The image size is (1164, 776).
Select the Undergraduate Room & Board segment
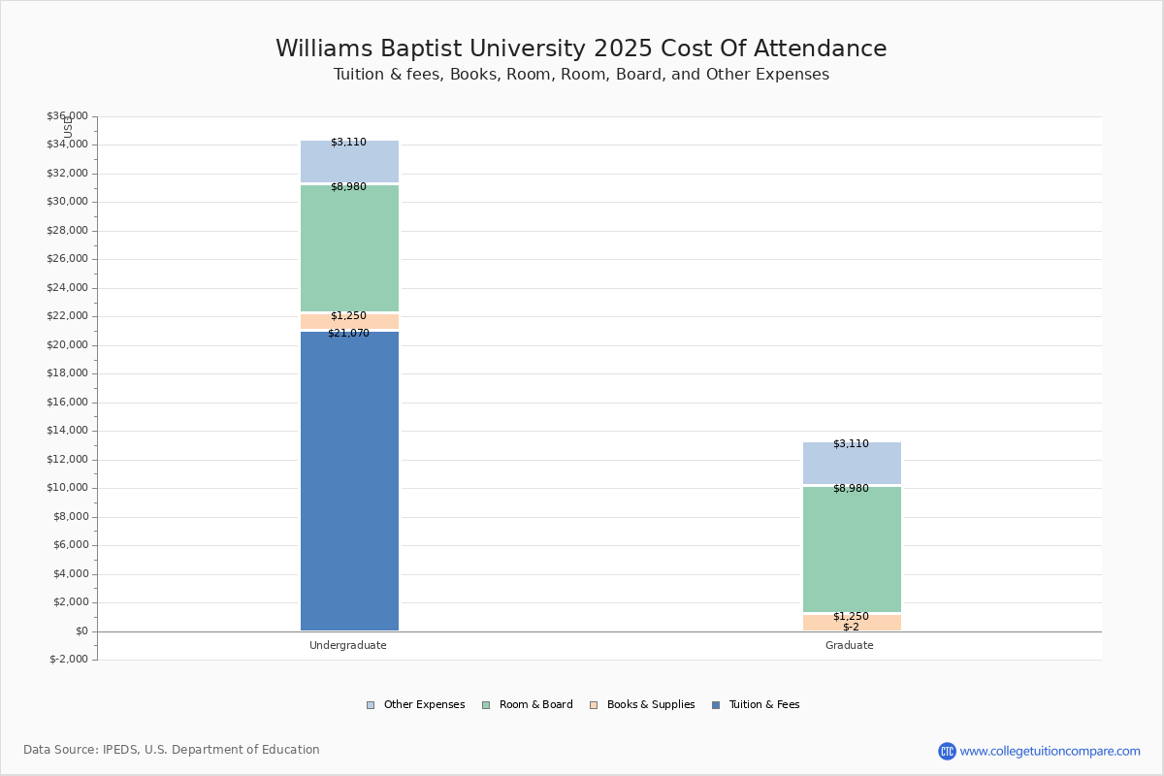(x=349, y=248)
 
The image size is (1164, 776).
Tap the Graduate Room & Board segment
(x=852, y=550)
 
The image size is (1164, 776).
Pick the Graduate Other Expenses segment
(x=852, y=464)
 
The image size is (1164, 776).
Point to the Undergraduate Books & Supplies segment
(x=349, y=321)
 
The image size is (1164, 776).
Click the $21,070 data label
(x=348, y=334)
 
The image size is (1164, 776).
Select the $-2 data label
(x=851, y=627)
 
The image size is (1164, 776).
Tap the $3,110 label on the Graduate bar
(x=851, y=444)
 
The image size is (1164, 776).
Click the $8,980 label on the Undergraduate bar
(x=348, y=187)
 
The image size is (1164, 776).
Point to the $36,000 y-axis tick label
(x=67, y=116)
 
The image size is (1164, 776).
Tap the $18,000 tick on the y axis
(x=67, y=373)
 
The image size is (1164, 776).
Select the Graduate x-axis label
(x=850, y=646)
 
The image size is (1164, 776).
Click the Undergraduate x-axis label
(x=348, y=646)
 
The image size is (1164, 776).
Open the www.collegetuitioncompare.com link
(x=1050, y=751)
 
